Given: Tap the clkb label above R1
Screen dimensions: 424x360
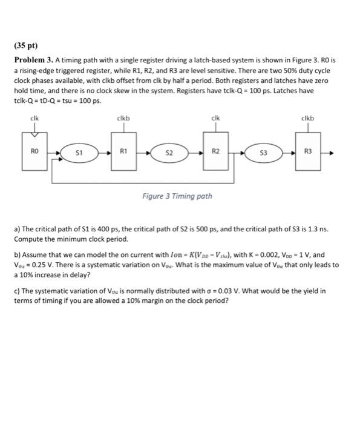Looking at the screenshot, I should click(x=124, y=118).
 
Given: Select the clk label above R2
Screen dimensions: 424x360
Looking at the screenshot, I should click(x=215, y=118).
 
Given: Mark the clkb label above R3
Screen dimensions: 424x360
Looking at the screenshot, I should click(x=309, y=118).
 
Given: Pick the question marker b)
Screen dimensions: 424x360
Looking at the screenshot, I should click(x=17, y=256).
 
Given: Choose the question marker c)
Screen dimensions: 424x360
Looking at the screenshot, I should click(x=17, y=291).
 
